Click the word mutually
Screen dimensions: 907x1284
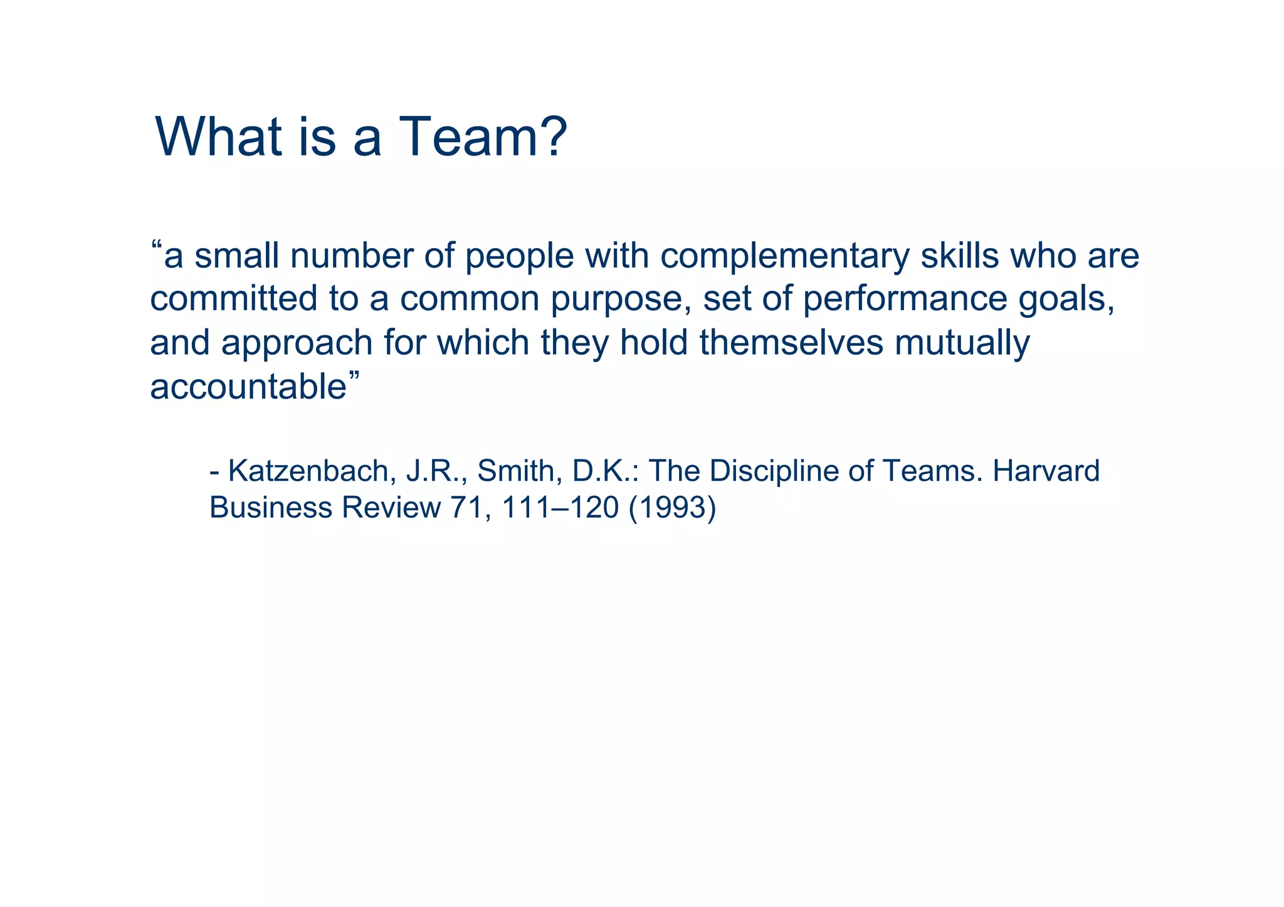click(x=962, y=344)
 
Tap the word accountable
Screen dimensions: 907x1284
click(x=248, y=387)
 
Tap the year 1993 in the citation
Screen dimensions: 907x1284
click(x=671, y=508)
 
